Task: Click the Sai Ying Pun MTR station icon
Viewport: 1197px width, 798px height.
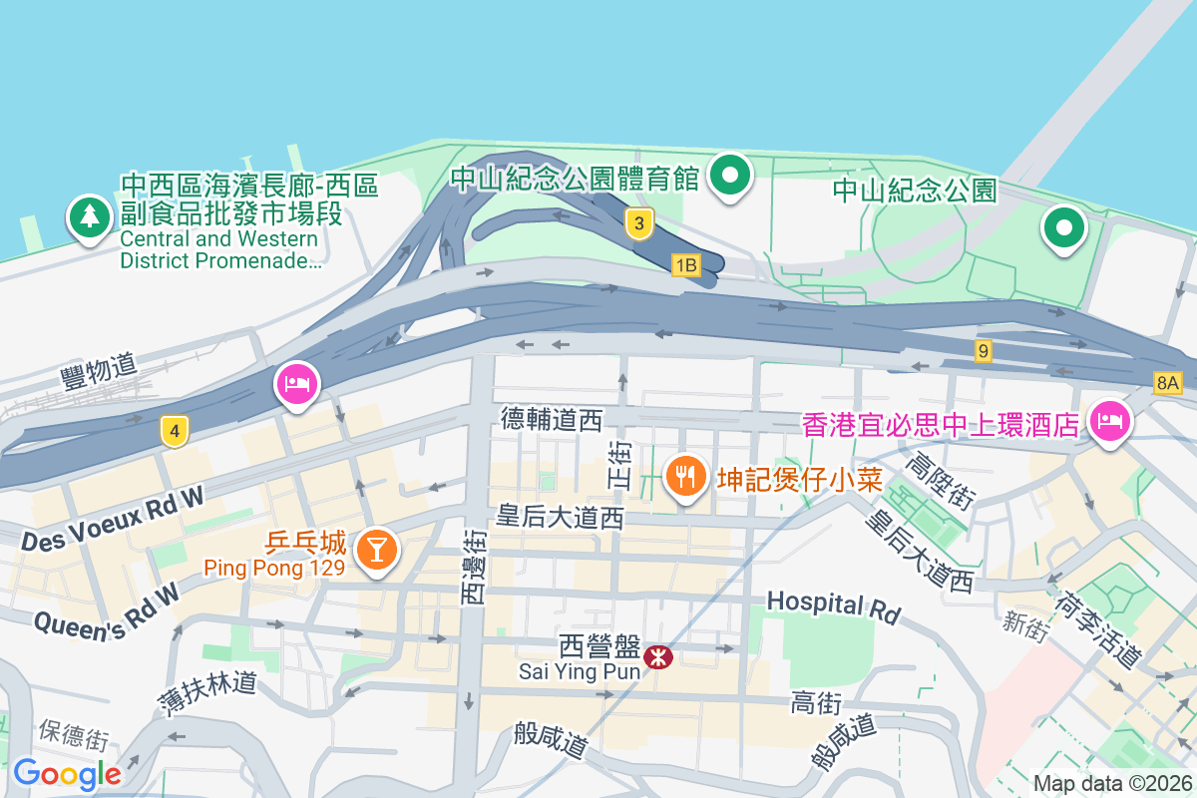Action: click(x=657, y=657)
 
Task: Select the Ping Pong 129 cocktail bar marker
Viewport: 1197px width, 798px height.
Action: click(x=377, y=548)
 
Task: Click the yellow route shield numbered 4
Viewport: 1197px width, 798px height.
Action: click(x=175, y=432)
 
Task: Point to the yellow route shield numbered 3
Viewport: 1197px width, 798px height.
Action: click(x=639, y=223)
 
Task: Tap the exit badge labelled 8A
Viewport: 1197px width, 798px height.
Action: click(x=1167, y=382)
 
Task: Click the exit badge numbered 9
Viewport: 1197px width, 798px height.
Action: click(x=984, y=350)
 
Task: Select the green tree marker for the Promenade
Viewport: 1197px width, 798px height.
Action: click(x=90, y=216)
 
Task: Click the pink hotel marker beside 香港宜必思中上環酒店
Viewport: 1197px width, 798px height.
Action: click(x=1109, y=421)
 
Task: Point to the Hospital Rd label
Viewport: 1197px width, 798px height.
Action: click(x=833, y=604)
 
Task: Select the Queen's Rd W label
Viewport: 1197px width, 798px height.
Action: click(x=106, y=608)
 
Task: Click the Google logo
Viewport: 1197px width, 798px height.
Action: click(x=68, y=773)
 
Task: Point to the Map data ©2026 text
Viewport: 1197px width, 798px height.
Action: click(x=1111, y=783)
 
